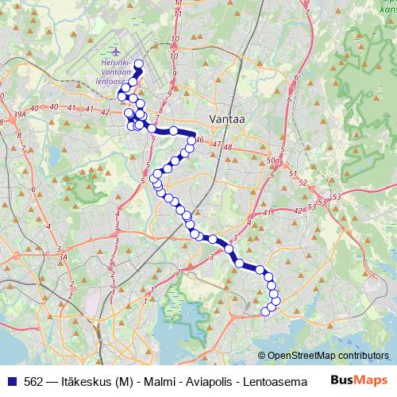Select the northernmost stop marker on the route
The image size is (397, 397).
point(139,64)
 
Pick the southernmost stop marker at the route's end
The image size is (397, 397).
point(267,311)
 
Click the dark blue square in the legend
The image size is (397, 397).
point(12,381)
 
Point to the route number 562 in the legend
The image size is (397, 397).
point(33,381)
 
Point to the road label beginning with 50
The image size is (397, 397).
point(274,161)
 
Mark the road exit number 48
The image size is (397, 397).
point(227,148)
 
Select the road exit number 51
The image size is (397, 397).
point(291,172)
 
